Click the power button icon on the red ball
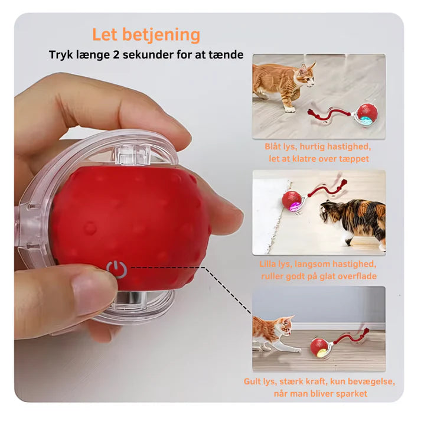(x=116, y=269)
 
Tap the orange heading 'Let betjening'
(x=146, y=35)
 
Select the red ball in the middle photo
(x=292, y=201)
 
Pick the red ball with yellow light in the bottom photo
(x=321, y=348)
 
